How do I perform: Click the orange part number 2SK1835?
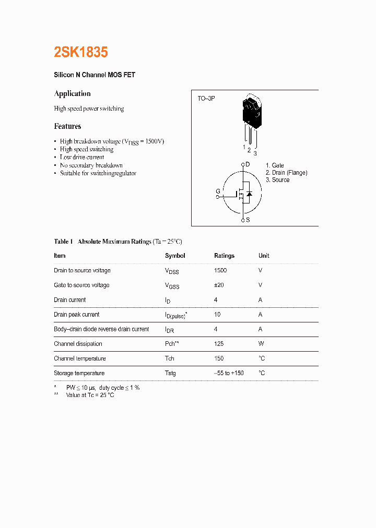81,52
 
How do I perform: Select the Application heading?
72,94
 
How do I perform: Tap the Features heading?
67,126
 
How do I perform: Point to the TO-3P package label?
206,98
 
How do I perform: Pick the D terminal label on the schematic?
248,164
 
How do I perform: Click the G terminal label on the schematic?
218,191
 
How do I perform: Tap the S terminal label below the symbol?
248,220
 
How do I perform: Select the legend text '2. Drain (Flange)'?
286,173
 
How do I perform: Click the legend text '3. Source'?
277,180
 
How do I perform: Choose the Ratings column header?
224,256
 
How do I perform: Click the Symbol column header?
175,256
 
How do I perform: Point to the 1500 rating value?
220,270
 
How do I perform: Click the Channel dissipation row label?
78,344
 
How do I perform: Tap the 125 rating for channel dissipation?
219,344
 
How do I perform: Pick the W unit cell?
261,344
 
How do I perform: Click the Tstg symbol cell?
170,373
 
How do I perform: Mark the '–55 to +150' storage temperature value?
229,373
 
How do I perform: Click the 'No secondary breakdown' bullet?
91,165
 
